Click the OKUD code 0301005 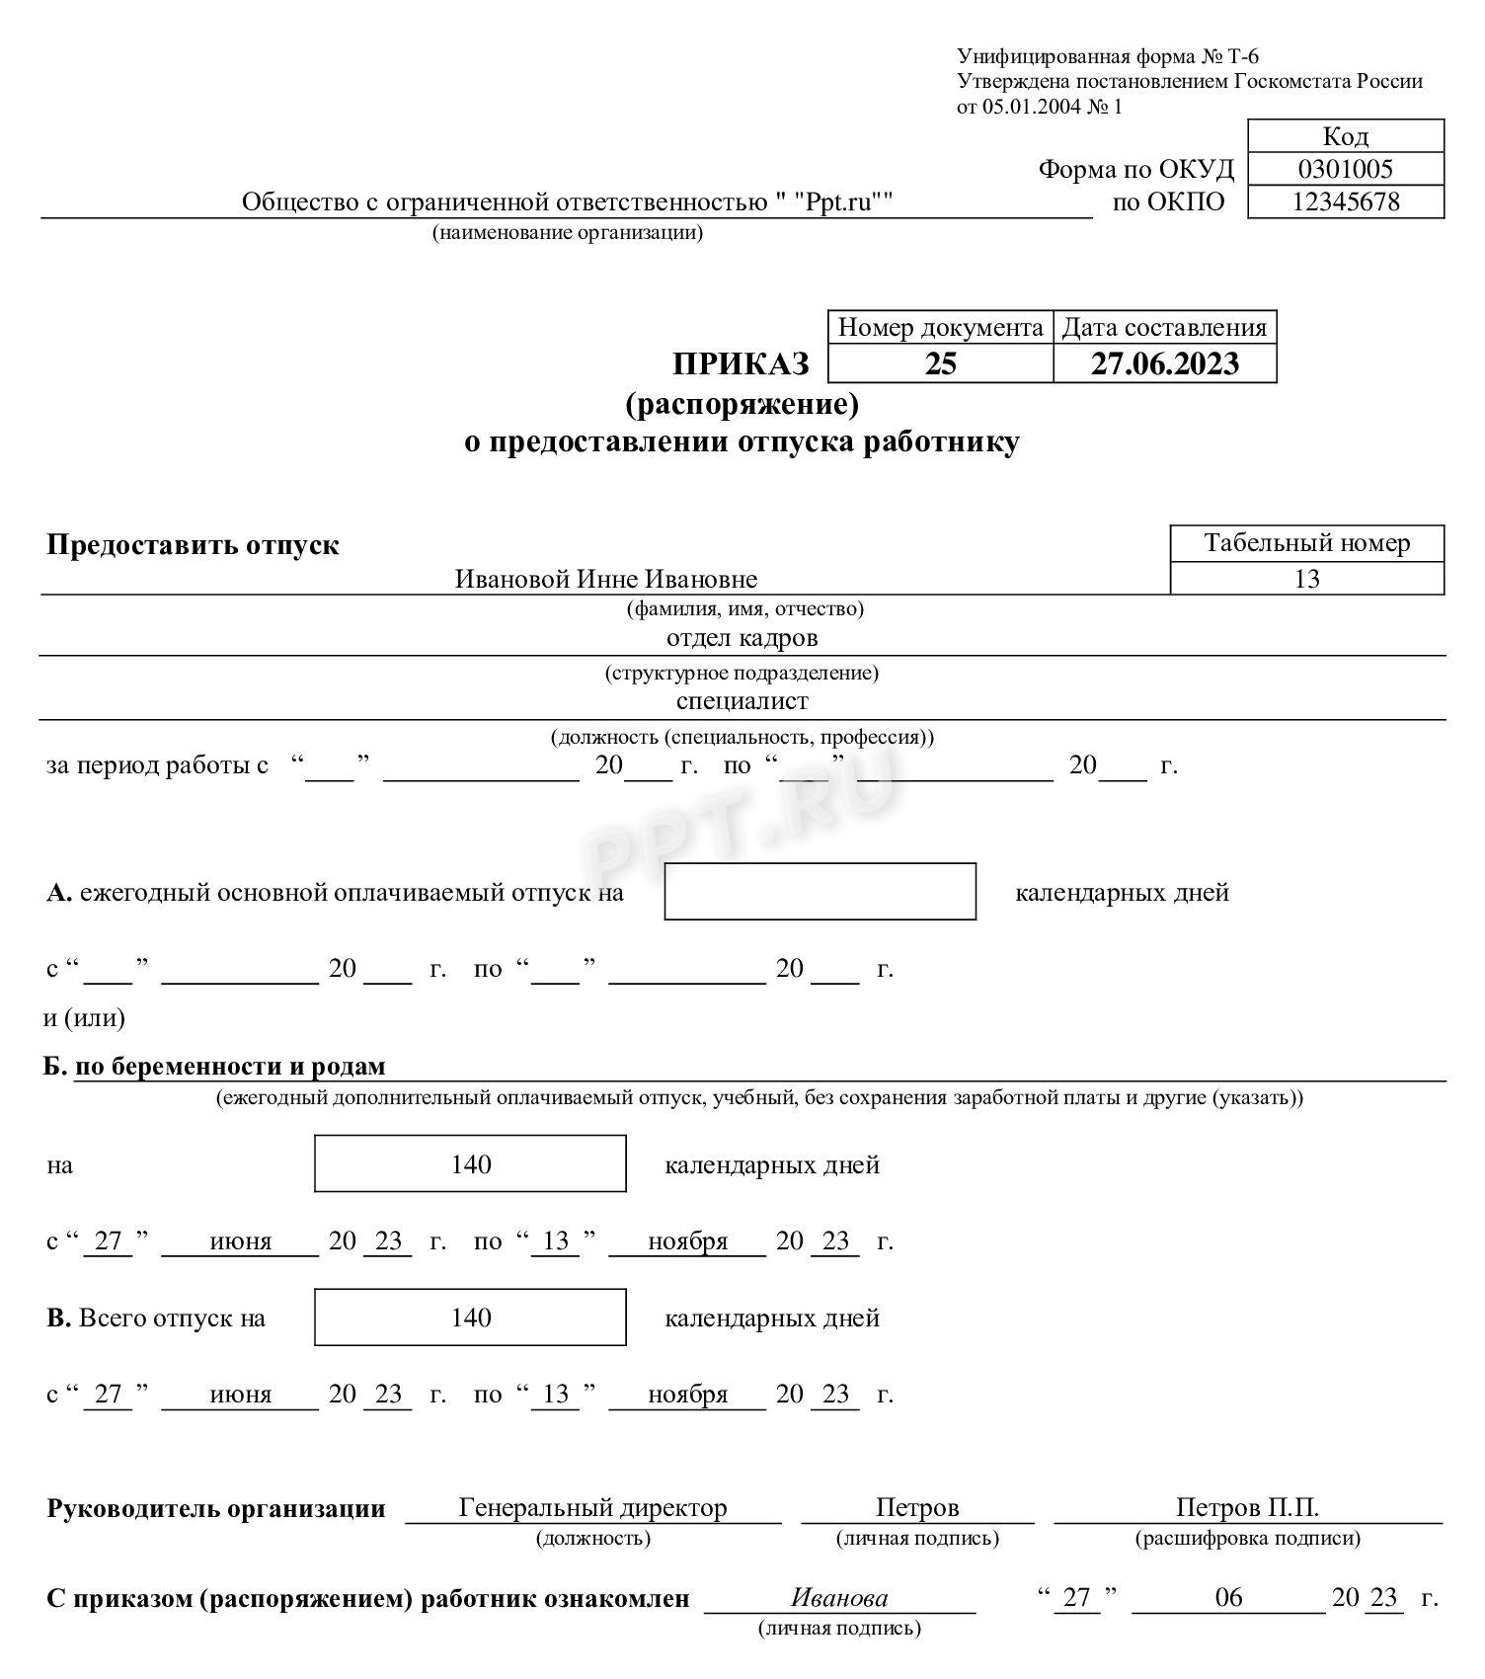click(x=1345, y=169)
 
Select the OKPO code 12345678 click(x=1345, y=201)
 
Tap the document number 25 click(x=940, y=363)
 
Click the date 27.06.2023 click(x=1164, y=363)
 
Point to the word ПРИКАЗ click(x=741, y=364)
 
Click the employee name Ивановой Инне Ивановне click(x=605, y=579)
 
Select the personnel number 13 click(x=1306, y=579)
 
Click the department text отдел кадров click(x=742, y=638)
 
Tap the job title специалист click(x=742, y=701)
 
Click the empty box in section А click(x=820, y=891)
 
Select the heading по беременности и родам click(x=230, y=1067)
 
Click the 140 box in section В click(x=470, y=1318)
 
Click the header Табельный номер click(x=1306, y=543)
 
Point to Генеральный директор click(x=592, y=1508)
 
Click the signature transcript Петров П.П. click(x=1247, y=1508)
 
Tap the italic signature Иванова click(x=839, y=1598)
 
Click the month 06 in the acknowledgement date click(x=1228, y=1598)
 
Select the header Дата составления click(x=1164, y=328)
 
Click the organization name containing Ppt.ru click(x=567, y=202)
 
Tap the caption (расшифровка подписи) click(x=1247, y=1538)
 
